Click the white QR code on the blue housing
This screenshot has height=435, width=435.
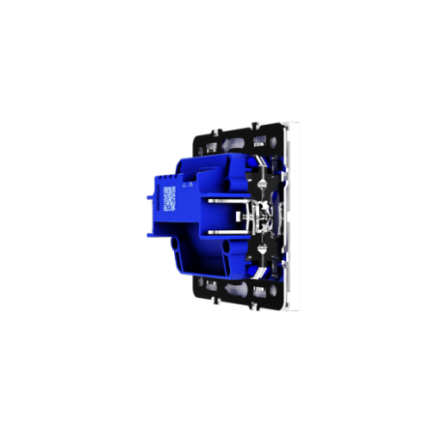click(x=169, y=197)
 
